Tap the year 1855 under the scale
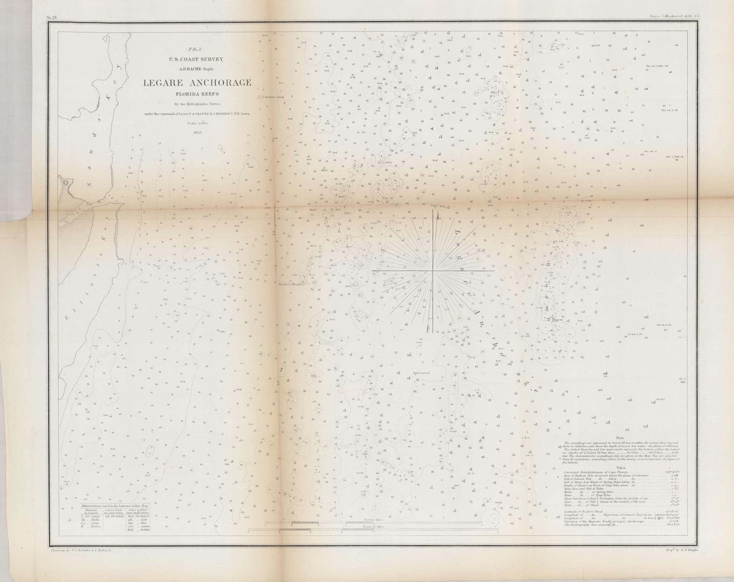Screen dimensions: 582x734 (197, 132)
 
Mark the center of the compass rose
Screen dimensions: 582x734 (432, 271)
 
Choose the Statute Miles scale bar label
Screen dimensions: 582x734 (374, 520)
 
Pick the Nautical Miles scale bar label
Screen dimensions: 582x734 (374, 526)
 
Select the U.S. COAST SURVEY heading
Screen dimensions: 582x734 (197, 59)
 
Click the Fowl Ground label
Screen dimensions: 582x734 (421, 373)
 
